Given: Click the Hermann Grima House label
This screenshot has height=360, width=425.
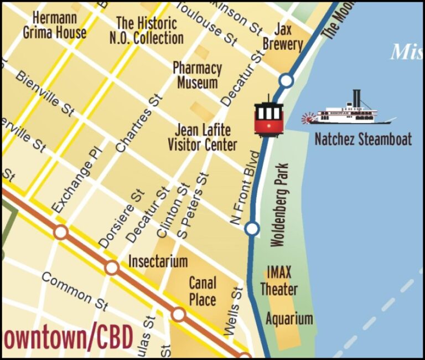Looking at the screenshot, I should click(55, 25).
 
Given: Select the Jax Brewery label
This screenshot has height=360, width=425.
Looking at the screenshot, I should click(283, 37).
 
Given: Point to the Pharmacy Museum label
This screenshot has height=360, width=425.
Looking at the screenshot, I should click(197, 75).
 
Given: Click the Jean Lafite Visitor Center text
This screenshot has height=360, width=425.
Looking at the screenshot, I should click(203, 137).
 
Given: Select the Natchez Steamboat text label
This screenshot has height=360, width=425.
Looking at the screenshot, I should click(363, 139).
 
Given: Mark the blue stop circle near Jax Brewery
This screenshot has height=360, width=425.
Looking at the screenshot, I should click(286, 81).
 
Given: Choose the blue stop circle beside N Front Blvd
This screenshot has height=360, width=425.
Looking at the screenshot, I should click(252, 228).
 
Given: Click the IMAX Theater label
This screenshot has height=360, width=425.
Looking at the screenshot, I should click(278, 281).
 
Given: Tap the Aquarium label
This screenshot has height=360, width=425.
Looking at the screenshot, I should click(289, 318).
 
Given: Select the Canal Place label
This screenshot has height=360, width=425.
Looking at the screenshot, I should click(203, 291).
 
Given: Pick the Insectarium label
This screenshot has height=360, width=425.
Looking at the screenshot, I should click(158, 260).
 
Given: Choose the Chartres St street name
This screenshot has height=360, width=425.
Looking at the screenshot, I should click(140, 123).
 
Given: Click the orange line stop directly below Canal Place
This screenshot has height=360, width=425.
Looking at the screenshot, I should click(178, 314).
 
